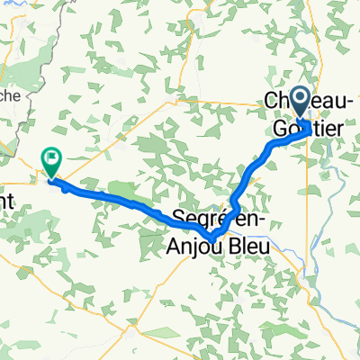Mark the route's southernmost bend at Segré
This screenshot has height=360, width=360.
click(x=212, y=238)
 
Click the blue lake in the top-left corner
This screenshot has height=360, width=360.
click(x=12, y=11)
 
